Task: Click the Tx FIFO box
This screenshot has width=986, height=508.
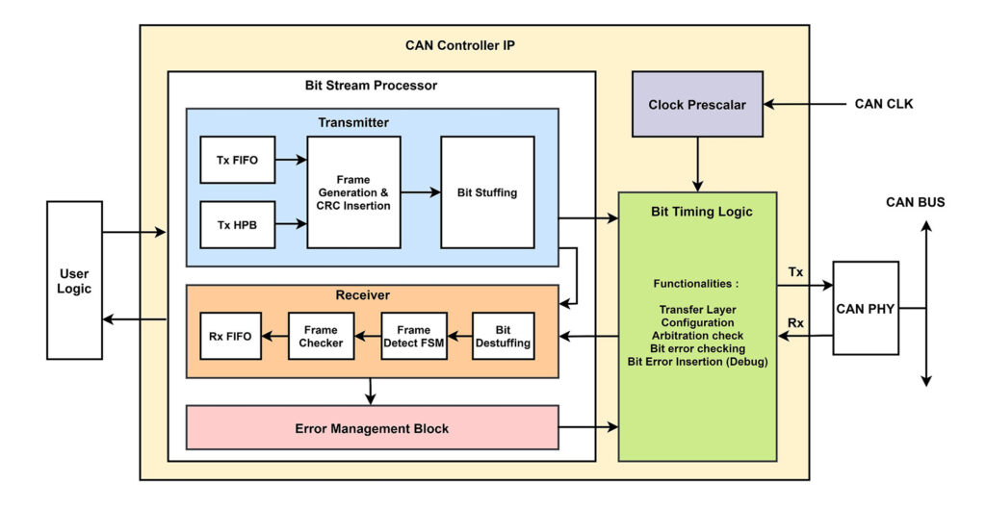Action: point(237,161)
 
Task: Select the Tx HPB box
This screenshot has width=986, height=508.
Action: point(237,226)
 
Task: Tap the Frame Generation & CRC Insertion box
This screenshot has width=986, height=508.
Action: point(353,192)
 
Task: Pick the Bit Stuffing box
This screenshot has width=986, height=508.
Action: point(487,192)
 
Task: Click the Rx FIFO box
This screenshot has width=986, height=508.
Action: point(230,336)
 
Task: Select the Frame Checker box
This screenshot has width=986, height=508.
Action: point(321,336)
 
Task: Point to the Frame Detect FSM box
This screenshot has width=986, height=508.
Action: point(413,336)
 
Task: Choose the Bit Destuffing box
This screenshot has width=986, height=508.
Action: point(503,336)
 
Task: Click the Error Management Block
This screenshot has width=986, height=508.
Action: point(372,428)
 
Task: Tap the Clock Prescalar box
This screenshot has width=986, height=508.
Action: point(697,104)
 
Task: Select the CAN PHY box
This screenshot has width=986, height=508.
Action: point(865,308)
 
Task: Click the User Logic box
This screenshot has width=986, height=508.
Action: point(74,280)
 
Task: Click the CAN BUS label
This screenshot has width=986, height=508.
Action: point(915,202)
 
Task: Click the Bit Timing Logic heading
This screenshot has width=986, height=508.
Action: point(697,211)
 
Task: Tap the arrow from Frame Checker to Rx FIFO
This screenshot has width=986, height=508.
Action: point(274,336)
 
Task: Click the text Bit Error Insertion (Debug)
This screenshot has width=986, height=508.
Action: point(697,361)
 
